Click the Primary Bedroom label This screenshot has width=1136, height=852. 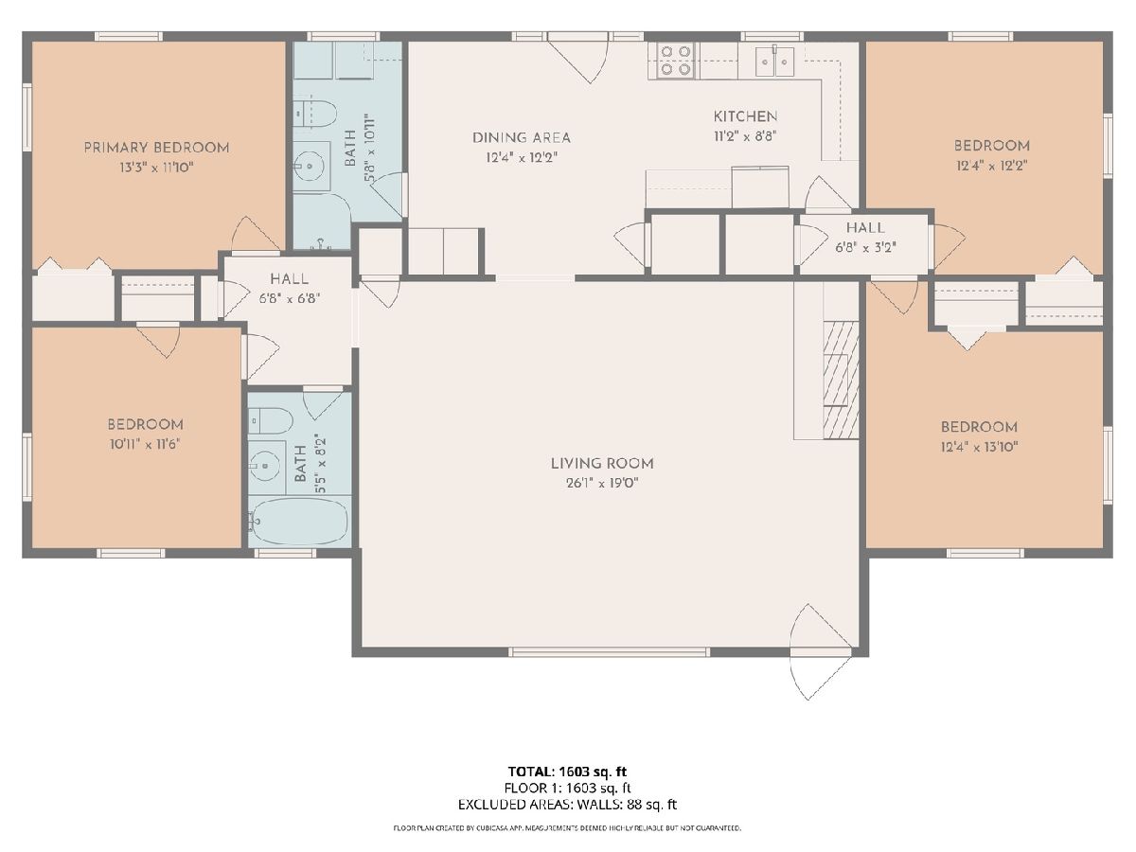click(x=156, y=148)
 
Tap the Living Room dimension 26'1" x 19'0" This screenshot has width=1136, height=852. click(x=602, y=483)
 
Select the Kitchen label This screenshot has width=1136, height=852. click(x=745, y=116)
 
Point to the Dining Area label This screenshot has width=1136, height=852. click(x=522, y=137)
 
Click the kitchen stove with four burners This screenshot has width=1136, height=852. click(x=676, y=61)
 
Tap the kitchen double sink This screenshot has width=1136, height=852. click(x=774, y=62)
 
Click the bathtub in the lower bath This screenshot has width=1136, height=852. click(x=298, y=522)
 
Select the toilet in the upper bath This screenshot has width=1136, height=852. click(x=315, y=114)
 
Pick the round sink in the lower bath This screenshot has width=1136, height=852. click(x=266, y=466)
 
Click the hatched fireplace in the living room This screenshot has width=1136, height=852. click(x=841, y=381)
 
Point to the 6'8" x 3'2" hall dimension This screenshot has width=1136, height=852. click(x=865, y=247)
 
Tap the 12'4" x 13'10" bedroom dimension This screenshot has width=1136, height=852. click(x=979, y=447)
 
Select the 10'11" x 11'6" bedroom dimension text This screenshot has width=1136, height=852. click(x=145, y=444)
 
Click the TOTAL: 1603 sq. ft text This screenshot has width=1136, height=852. click(x=567, y=772)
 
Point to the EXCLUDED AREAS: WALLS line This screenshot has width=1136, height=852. click(x=567, y=805)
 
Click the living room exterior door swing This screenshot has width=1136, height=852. click(x=821, y=652)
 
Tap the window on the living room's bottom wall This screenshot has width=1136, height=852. click(x=609, y=652)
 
